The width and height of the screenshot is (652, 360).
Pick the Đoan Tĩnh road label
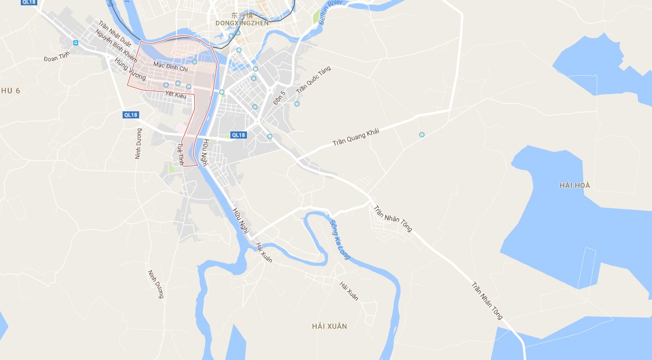pos(57,57)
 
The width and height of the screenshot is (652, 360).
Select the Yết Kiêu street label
pos(175,94)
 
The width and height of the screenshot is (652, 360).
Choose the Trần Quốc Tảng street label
pos(313,79)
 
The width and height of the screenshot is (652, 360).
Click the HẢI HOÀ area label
pos(574,185)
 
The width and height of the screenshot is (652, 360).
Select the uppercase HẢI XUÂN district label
pos(329,326)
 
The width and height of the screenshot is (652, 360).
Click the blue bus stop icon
pos(75,43)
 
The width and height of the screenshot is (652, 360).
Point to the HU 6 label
pos(11,90)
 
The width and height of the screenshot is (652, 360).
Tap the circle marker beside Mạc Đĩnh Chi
pos(194,62)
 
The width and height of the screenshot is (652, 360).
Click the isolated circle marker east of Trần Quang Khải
pos(422,135)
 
